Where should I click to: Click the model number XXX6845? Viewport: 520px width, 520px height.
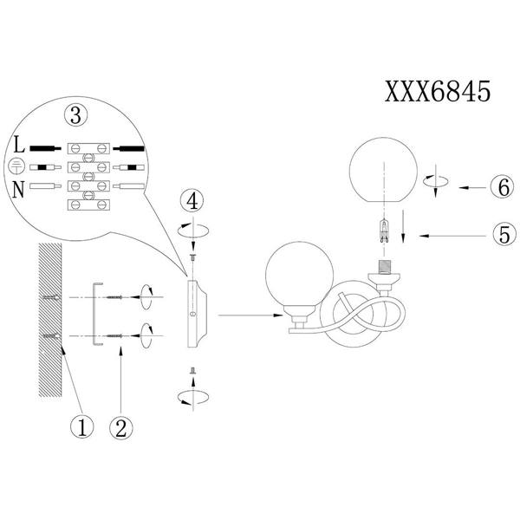point(437,92)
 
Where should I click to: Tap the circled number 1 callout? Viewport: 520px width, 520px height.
point(82,427)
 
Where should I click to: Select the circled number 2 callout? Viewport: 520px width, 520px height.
point(121,428)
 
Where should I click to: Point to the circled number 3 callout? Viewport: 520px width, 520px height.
point(76,116)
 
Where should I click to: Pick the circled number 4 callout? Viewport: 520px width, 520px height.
point(192,201)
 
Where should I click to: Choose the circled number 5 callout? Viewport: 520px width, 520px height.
point(504,235)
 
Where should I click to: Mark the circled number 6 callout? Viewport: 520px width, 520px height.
point(504,187)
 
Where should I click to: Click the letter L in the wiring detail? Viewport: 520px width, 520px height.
point(19,145)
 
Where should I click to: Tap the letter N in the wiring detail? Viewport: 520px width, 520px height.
point(18,190)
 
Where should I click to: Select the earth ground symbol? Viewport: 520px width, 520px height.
point(16,166)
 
